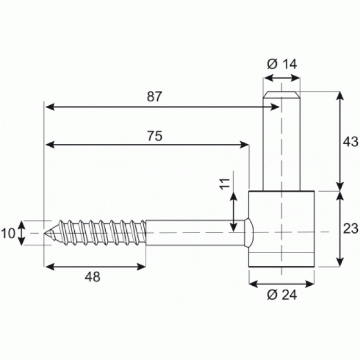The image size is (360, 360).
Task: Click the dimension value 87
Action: pos(155,96)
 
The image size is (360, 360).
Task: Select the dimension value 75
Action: pos(155,136)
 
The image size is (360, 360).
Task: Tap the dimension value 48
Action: pos(93,277)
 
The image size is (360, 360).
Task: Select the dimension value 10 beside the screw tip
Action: pos(8,233)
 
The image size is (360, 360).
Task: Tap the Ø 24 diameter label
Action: pos(282,295)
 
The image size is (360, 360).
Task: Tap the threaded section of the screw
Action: pos(100,233)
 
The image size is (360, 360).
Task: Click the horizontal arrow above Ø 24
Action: pos(282,283)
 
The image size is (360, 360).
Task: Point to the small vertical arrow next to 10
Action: pos(22,233)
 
